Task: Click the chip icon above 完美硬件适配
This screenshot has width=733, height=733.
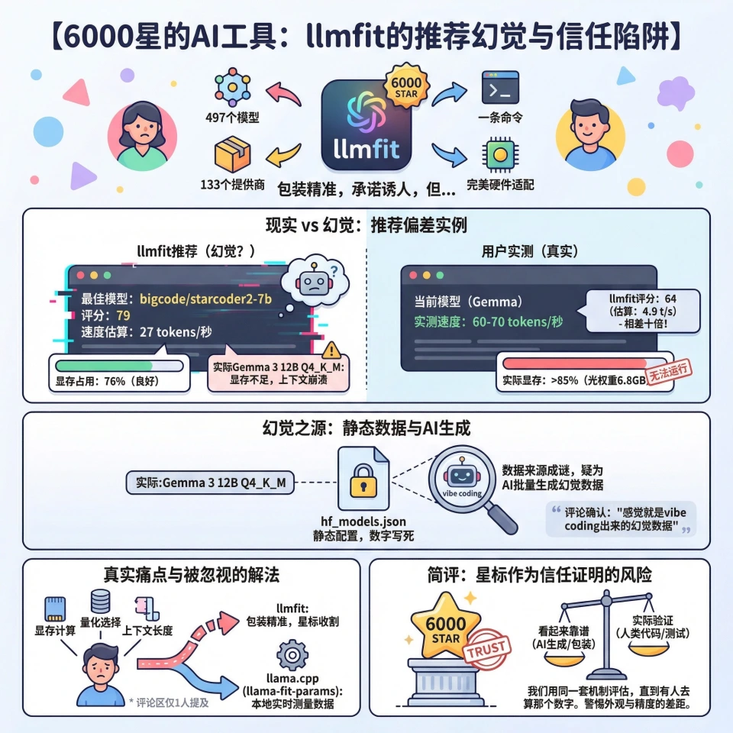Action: tap(499, 153)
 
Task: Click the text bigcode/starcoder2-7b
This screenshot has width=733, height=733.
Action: tap(206, 299)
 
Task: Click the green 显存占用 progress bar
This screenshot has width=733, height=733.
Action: tap(118, 366)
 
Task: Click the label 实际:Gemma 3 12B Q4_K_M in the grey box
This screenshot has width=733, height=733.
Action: tap(211, 483)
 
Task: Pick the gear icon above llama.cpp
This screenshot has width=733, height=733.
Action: tap(292, 656)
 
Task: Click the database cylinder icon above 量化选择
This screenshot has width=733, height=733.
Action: tap(100, 600)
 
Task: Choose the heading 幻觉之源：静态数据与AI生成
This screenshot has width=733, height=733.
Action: tap(366, 429)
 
